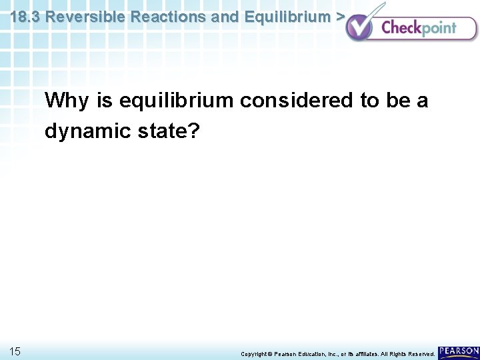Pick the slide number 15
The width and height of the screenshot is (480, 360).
point(15,351)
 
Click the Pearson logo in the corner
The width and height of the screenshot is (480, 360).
point(458,351)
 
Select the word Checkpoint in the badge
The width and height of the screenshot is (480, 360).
point(419,28)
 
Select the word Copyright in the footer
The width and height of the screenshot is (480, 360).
point(254,353)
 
